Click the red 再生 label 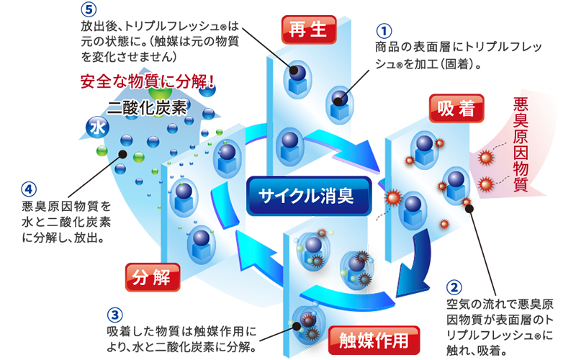309,30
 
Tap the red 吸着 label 456,109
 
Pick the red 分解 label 151,274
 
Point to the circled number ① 384,32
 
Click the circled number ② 454,287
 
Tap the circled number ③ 114,315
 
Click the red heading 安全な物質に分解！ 148,81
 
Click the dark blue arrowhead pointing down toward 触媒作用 408,277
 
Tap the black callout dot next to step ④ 123,153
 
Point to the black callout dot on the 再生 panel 295,71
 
